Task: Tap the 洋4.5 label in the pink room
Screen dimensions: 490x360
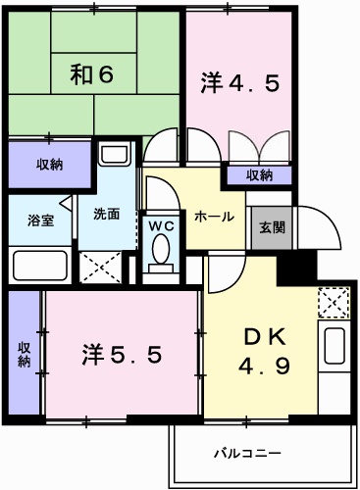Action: click(242, 82)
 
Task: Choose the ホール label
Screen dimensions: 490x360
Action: click(212, 216)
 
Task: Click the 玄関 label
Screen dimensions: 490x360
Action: click(272, 227)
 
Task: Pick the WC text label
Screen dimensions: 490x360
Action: click(160, 224)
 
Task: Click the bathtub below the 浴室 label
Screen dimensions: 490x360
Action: click(40, 265)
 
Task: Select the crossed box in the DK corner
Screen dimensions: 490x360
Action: click(334, 302)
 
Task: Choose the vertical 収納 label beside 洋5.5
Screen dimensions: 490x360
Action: click(24, 354)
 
